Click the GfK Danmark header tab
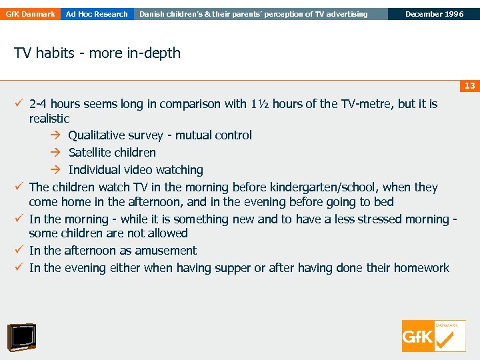click(x=30, y=14)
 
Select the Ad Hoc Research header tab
click(x=97, y=14)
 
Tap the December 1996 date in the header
click(x=434, y=14)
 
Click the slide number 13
click(x=469, y=86)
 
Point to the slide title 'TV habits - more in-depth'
click(x=97, y=53)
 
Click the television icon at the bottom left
click(x=21, y=337)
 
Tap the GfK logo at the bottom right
click(x=433, y=336)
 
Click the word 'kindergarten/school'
click(x=313, y=187)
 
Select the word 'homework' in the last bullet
click(x=421, y=268)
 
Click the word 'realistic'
click(x=49, y=119)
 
